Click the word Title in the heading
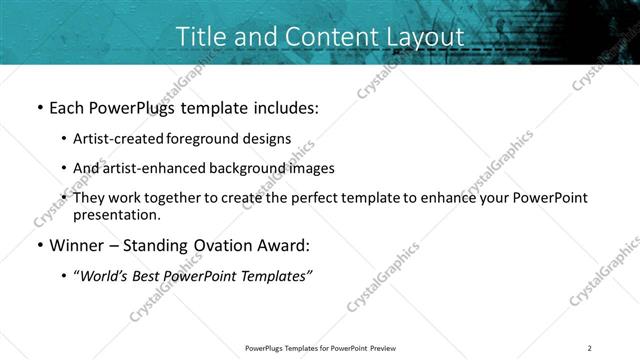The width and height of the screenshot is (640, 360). pyautogui.click(x=201, y=35)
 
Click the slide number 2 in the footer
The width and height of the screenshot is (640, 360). pyautogui.click(x=590, y=348)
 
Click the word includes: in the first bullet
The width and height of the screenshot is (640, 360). pyautogui.click(x=282, y=107)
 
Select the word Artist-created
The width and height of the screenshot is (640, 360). pyautogui.click(x=118, y=139)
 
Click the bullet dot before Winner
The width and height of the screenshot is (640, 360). pyautogui.click(x=38, y=246)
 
